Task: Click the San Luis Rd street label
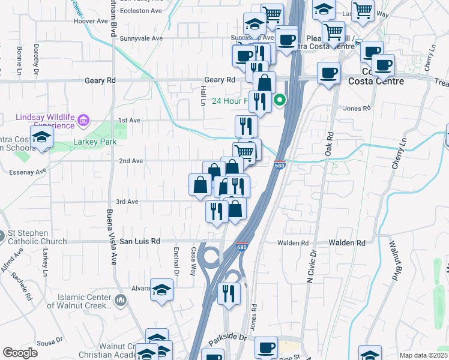pos(140,241)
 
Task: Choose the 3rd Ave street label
pos(127,202)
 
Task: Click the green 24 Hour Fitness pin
pos(279,100)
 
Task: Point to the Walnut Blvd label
pos(394,262)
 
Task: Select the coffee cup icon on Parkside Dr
pos(266,347)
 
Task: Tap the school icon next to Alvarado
pos(161,290)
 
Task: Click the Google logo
pos(20,353)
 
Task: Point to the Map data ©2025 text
pos(423,355)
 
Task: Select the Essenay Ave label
pos(28,172)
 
